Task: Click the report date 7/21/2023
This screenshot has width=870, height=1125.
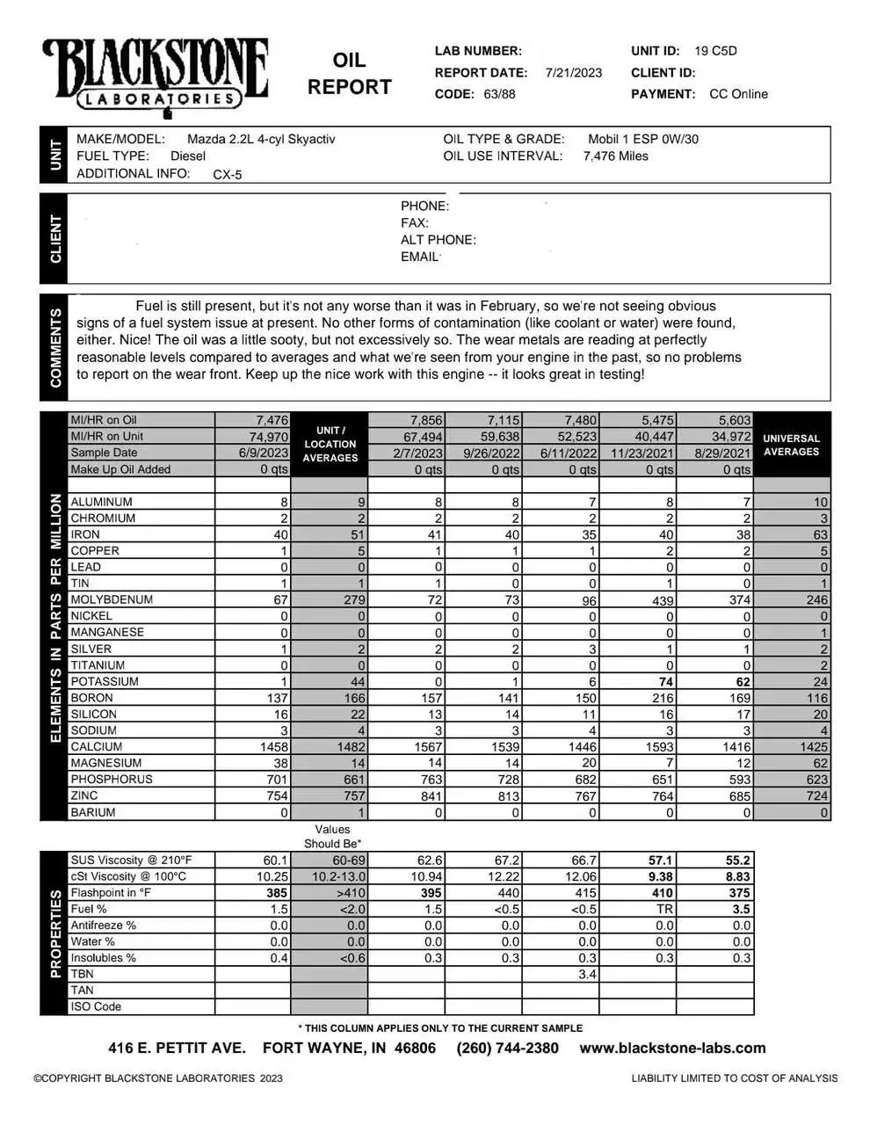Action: coord(573,73)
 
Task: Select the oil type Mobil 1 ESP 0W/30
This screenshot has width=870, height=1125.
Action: coord(643,139)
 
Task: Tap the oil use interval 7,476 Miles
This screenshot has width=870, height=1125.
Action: coord(615,156)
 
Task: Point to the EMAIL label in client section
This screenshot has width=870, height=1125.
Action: coord(419,257)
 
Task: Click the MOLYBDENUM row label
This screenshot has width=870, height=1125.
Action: coord(112,599)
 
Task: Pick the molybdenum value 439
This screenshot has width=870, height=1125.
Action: coord(663,600)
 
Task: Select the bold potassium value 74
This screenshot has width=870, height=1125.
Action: coord(665,682)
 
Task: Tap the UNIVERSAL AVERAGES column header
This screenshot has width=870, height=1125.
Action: coord(791,445)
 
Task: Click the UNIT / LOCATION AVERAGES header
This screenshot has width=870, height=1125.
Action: coord(330,444)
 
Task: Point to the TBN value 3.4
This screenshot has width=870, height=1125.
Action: coord(588,975)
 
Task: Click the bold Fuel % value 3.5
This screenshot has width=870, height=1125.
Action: coord(742,910)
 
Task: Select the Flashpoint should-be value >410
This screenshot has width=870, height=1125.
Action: coord(348,893)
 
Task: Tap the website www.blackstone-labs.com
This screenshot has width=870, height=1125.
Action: coord(672,1048)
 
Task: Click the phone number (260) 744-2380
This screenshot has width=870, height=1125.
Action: coord(507,1048)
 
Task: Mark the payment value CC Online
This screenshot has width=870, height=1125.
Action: coord(738,94)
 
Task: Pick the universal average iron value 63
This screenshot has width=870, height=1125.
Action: coord(817,534)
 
